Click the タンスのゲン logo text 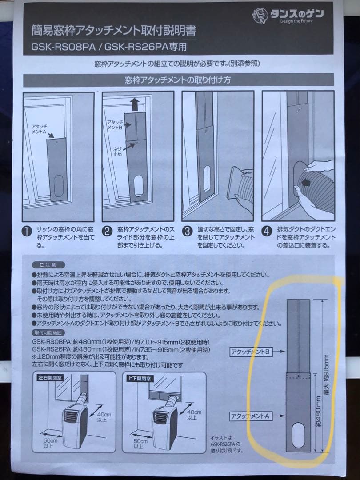click(297, 14)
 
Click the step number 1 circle click(28, 232)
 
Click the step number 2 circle click(107, 232)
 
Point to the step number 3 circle click(187, 232)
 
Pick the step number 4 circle click(267, 232)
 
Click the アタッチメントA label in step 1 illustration click(39, 130)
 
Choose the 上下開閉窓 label click(140, 377)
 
